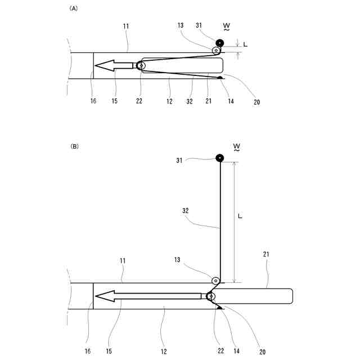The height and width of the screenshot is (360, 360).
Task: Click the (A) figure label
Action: (x=73, y=8)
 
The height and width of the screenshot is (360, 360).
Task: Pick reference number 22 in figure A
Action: (x=138, y=101)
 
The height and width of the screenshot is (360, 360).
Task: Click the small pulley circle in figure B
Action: (x=215, y=280)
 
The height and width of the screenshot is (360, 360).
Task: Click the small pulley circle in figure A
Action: (x=216, y=51)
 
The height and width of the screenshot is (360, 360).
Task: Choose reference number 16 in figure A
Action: (x=93, y=101)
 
